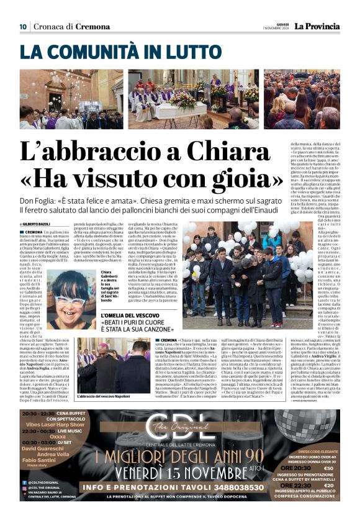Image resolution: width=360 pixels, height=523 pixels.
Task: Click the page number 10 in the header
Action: coord(23,26)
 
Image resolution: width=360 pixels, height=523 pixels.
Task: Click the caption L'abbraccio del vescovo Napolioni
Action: coord(106,396)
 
